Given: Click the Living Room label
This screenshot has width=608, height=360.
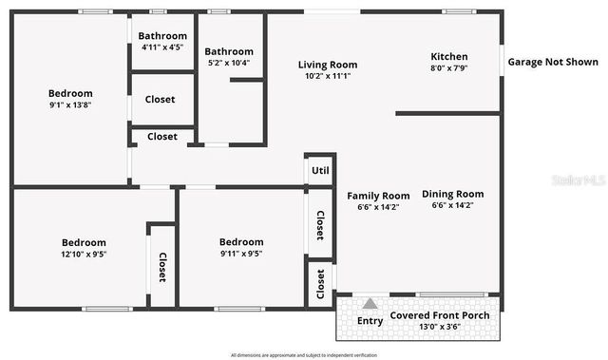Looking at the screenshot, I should point(328,65).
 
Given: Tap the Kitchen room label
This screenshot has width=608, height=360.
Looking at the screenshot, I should point(449,55).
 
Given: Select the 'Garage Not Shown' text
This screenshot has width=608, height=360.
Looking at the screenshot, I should point(553,62).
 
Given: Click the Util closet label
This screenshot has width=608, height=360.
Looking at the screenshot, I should point(320,170).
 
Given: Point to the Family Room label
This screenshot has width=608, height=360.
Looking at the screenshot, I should point(377,196).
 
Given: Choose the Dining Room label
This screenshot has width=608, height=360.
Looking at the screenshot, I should point(452,194).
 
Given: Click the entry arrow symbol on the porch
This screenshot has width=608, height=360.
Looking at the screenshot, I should point(369,304).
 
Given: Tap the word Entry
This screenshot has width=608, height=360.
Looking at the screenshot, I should point(370,321).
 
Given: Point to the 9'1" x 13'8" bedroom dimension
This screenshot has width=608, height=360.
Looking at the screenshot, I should point(71,106).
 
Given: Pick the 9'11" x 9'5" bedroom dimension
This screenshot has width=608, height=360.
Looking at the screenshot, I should point(240,254).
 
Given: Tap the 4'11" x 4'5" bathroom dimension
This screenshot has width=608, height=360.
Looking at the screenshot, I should point(162,47).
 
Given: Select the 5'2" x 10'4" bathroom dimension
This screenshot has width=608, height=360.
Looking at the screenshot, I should point(229,64).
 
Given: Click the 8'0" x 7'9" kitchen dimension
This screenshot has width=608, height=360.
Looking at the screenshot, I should point(449,67).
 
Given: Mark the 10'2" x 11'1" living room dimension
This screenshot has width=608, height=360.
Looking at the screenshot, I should point(328,77).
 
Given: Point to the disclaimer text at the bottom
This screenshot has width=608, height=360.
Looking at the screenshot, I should point(303,353).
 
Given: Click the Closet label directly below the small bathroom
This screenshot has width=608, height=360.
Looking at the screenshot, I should point(160,100).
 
